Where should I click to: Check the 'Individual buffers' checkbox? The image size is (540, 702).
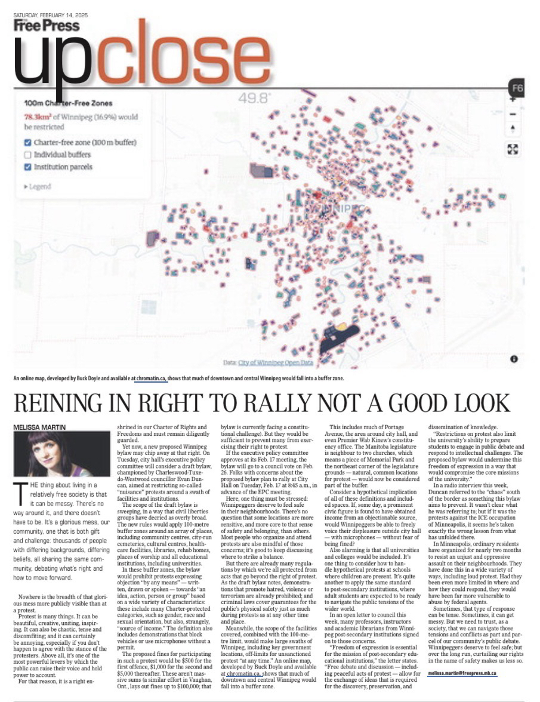pyautogui.click(x=27, y=155)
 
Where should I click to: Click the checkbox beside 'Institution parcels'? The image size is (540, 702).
pyautogui.click(x=27, y=167)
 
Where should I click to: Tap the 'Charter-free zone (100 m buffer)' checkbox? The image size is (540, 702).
pyautogui.click(x=27, y=143)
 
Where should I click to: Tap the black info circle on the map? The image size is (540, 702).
pyautogui.click(x=514, y=359)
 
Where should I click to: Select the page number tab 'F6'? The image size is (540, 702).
pyautogui.click(x=517, y=89)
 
